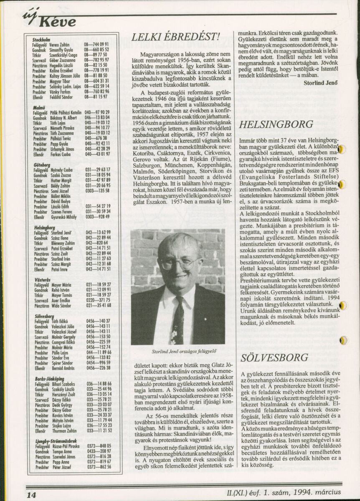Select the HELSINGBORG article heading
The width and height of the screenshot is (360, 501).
276,124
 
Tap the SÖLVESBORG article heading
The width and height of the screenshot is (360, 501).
274,358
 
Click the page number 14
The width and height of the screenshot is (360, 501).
31,494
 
